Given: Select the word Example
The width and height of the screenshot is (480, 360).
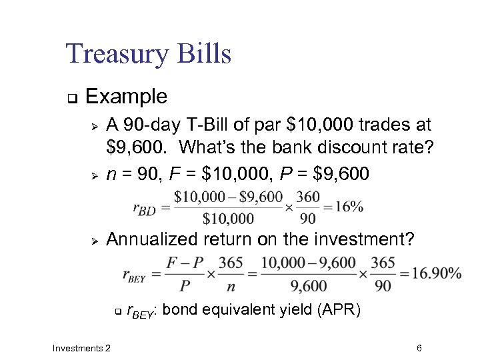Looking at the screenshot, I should [x=127, y=97].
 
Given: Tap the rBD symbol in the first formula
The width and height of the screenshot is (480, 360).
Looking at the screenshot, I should [x=144, y=209].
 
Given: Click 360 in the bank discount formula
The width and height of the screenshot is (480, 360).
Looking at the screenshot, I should [x=308, y=197].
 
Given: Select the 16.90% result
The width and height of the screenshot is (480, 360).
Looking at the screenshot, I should [x=436, y=273].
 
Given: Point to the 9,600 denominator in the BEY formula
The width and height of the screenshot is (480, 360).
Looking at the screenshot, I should [x=309, y=285].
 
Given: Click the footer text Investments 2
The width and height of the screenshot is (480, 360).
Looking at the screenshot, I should [x=81, y=348].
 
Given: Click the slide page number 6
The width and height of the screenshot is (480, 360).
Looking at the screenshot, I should [x=419, y=348].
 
